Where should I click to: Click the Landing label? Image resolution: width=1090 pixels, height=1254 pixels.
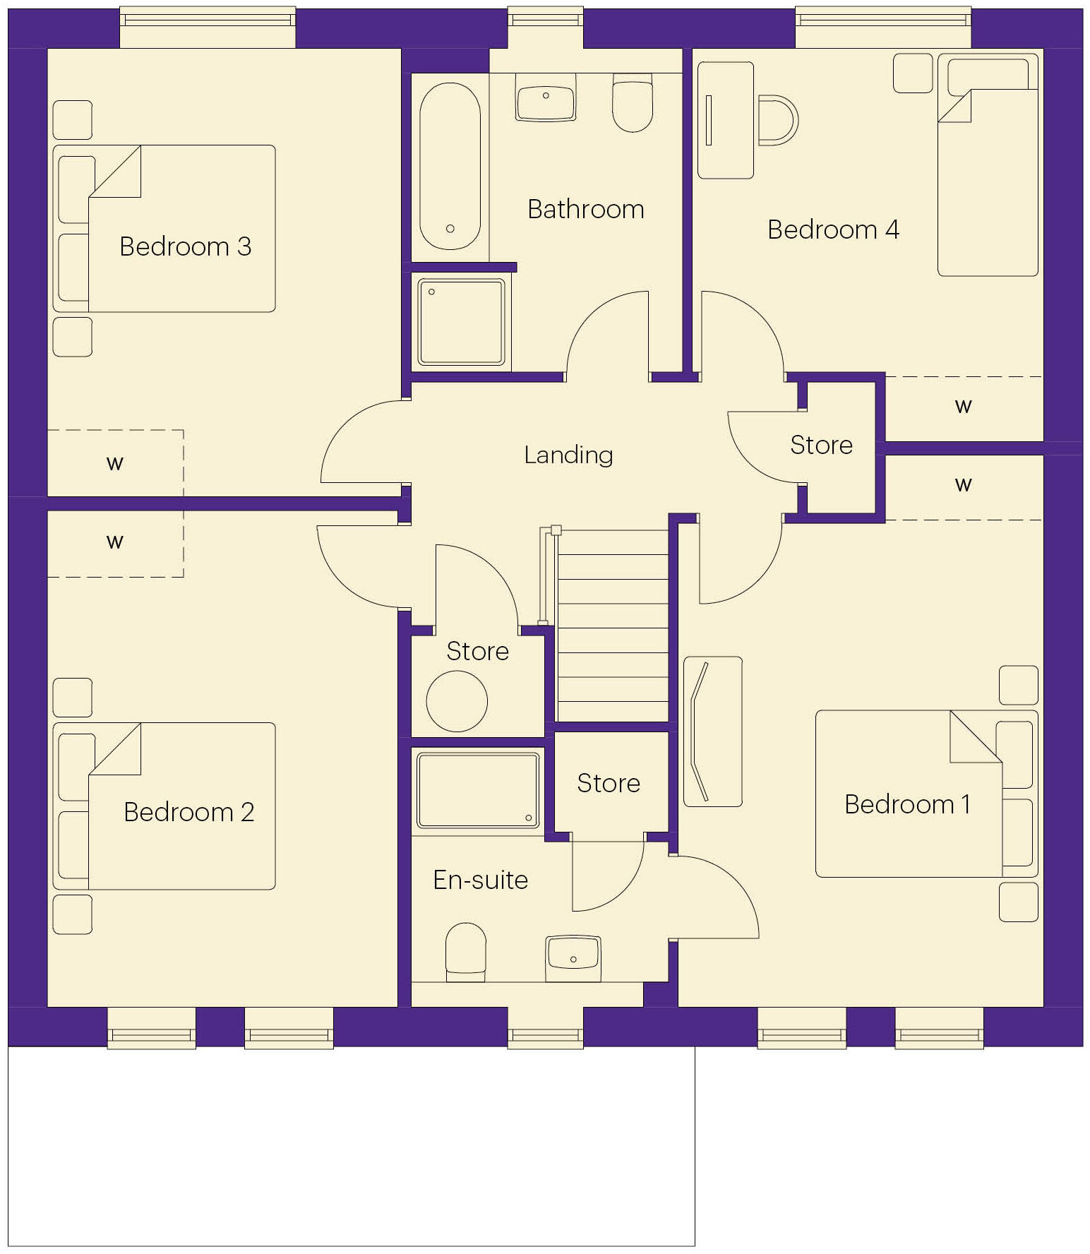tap(568, 455)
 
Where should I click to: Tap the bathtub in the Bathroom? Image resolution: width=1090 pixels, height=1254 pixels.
tap(450, 167)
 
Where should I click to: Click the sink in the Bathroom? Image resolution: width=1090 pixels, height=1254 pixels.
tap(546, 97)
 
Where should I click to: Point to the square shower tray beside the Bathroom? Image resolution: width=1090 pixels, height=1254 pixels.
tap(462, 322)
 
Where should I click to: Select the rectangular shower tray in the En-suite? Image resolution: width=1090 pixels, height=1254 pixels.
tap(478, 790)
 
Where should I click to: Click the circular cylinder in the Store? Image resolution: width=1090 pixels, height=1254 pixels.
tap(457, 701)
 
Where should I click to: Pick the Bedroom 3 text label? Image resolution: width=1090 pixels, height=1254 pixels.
tap(185, 246)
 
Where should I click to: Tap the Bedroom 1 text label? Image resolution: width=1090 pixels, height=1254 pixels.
tap(907, 804)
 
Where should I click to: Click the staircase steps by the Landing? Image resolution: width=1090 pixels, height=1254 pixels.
tap(613, 628)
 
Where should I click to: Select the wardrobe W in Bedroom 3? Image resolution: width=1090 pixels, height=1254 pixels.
tap(115, 464)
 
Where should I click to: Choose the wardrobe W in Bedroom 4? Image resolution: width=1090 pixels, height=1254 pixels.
tap(963, 407)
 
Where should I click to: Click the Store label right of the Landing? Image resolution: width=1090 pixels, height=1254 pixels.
tap(821, 445)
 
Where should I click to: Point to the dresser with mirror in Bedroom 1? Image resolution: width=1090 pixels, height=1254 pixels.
tap(713, 731)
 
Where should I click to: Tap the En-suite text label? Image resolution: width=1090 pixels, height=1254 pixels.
tap(480, 880)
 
